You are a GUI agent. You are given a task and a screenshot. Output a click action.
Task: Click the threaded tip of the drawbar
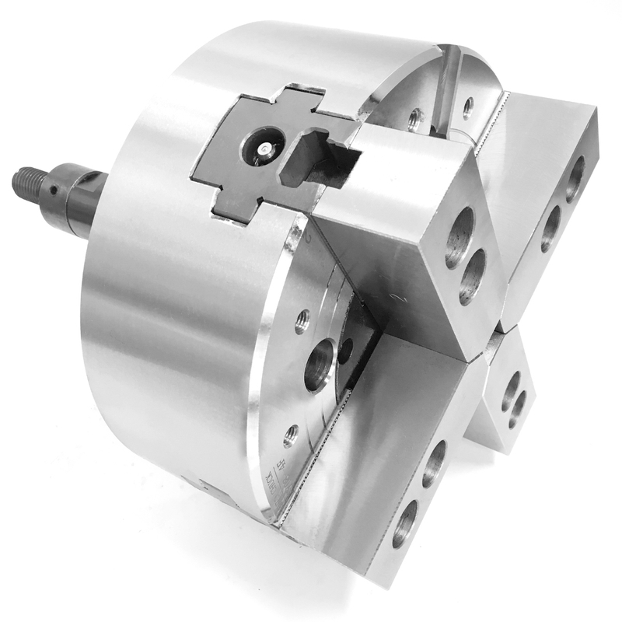coord(26,180)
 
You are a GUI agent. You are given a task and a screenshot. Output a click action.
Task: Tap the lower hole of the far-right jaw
coord(550,228)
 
